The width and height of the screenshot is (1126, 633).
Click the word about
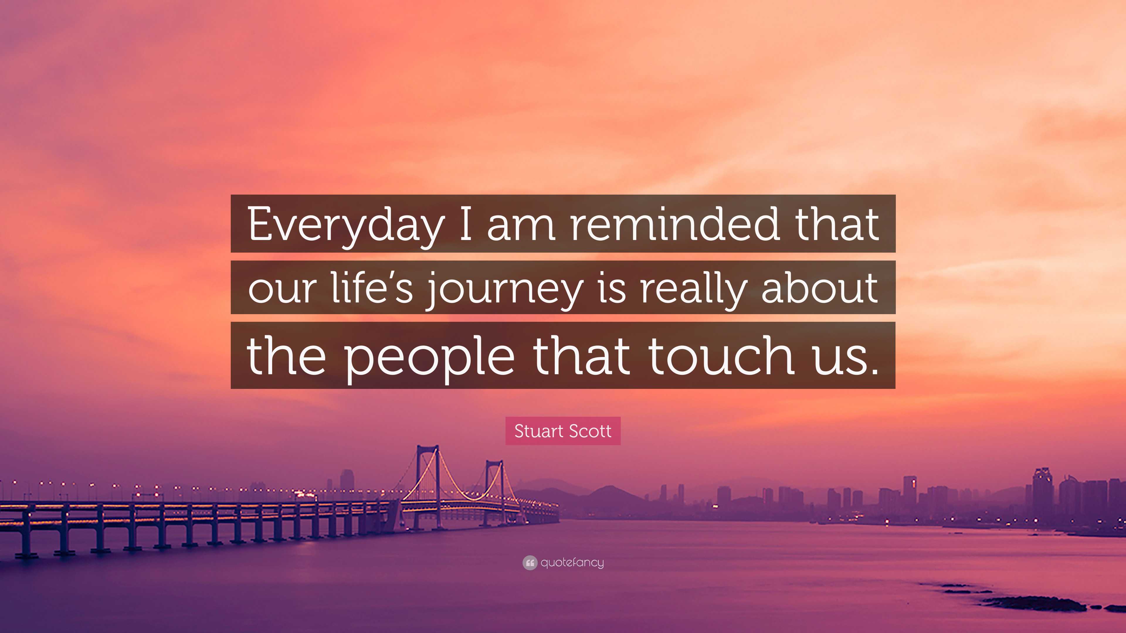point(820,288)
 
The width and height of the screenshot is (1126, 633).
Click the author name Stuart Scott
point(563,431)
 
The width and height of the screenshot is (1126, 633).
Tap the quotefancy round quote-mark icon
point(529,563)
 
